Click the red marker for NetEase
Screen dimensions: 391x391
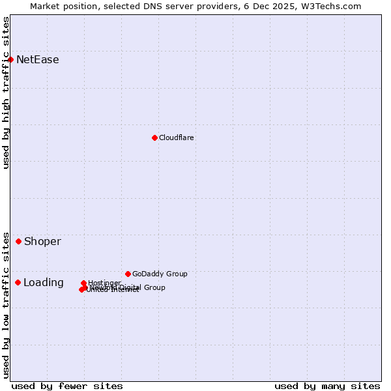point(10,59)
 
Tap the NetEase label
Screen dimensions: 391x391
point(37,60)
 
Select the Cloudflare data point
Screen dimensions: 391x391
point(154,138)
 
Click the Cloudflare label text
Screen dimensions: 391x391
point(176,138)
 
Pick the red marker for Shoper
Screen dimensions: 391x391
point(18,241)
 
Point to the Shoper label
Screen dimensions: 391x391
point(42,242)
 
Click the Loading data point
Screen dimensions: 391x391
point(18,282)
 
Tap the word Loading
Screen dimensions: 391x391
point(43,283)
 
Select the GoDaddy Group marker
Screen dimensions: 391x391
point(128,274)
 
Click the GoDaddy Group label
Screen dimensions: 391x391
point(160,274)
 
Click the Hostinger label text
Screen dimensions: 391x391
point(104,283)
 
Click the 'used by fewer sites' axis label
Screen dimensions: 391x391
point(67,386)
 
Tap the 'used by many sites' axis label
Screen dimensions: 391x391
point(327,386)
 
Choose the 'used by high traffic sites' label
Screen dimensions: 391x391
point(7,93)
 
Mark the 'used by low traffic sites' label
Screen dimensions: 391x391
point(7,304)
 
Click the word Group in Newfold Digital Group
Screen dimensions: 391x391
point(154,287)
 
